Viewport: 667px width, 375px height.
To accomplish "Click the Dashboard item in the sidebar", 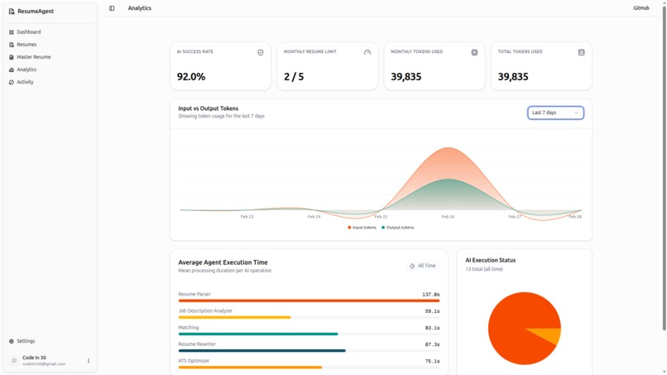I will pyautogui.click(x=28, y=32).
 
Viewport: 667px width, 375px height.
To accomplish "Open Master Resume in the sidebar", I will pyautogui.click(x=33, y=57).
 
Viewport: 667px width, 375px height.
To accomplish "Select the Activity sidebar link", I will pyautogui.click(x=25, y=82).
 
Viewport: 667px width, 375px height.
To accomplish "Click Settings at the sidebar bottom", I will pyautogui.click(x=26, y=341).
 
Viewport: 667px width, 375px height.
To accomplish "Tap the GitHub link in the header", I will pyautogui.click(x=641, y=8).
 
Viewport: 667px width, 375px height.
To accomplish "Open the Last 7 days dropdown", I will pyautogui.click(x=555, y=113).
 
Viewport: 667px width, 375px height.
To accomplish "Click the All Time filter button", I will pyautogui.click(x=423, y=266).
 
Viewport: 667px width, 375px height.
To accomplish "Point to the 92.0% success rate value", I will pyautogui.click(x=191, y=76).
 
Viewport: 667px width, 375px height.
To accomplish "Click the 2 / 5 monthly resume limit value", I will pyautogui.click(x=294, y=76).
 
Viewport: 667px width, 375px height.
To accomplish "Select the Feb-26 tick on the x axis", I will pyautogui.click(x=448, y=217).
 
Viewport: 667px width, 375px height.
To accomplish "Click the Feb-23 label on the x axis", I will pyautogui.click(x=247, y=217).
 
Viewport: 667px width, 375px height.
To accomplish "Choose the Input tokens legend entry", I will pyautogui.click(x=362, y=228).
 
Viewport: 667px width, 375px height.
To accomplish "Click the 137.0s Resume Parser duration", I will pyautogui.click(x=430, y=295).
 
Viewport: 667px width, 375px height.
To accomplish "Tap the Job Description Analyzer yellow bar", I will pyautogui.click(x=234, y=317).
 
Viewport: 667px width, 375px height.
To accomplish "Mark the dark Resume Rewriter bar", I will pyautogui.click(x=262, y=350).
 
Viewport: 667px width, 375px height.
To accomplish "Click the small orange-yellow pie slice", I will pyautogui.click(x=549, y=336).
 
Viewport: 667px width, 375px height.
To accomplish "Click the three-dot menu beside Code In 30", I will pyautogui.click(x=89, y=361).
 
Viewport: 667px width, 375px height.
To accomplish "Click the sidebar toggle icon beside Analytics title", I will pyautogui.click(x=112, y=8).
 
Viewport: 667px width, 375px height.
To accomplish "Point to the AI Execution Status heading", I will pyautogui.click(x=490, y=260).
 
